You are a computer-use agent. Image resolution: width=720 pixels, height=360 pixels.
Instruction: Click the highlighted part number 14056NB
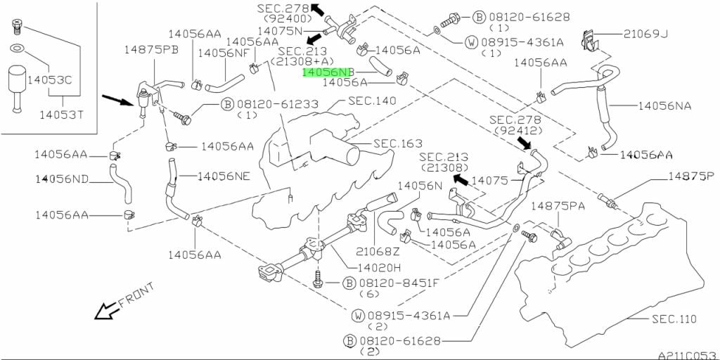click(326, 72)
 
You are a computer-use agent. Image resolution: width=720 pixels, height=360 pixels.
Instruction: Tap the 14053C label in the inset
click(49, 79)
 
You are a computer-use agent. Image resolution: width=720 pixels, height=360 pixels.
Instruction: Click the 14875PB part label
click(152, 49)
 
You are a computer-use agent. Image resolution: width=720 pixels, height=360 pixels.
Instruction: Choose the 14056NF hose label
click(223, 53)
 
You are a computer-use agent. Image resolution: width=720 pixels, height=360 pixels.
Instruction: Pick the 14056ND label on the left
click(63, 179)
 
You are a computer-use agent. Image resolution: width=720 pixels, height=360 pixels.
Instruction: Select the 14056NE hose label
click(224, 176)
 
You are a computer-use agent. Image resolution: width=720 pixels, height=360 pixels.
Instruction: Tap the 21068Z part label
click(378, 250)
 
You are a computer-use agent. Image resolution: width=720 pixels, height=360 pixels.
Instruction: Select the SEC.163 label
click(397, 143)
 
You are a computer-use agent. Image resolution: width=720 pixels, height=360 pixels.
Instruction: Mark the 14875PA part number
click(558, 205)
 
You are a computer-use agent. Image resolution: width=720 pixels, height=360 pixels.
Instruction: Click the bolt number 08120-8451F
click(399, 283)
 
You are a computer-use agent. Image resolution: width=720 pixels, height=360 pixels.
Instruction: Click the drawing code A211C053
click(687, 355)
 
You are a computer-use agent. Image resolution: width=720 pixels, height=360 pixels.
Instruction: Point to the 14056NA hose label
click(664, 105)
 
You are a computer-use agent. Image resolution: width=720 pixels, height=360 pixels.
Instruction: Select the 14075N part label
click(279, 31)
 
